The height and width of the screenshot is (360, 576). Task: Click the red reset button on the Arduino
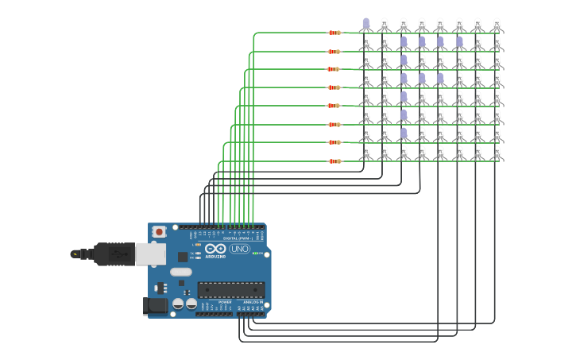coord(159,232)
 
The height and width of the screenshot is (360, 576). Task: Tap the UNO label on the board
coord(239,249)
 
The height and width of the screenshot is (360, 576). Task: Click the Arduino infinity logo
coord(215,249)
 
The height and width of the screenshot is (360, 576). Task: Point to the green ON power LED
coord(256,254)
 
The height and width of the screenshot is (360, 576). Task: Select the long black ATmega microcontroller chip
coord(230,290)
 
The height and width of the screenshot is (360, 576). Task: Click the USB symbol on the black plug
coord(119,254)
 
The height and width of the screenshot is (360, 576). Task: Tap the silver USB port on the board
coord(150,254)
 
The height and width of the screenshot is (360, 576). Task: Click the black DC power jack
coord(156,305)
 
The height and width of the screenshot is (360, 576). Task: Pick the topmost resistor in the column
coord(334,33)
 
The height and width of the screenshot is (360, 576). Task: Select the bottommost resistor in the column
coord(334,161)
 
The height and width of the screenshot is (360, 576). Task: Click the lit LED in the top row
coord(365,24)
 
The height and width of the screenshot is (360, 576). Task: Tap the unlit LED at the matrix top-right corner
coord(497,24)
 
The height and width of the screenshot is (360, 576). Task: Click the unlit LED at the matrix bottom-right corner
coord(497,153)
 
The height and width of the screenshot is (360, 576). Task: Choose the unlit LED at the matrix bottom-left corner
coord(365,153)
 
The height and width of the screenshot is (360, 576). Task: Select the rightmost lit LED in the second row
coord(458,42)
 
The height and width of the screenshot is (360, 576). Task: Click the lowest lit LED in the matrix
coord(403,134)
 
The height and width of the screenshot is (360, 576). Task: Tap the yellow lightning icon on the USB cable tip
coord(75,254)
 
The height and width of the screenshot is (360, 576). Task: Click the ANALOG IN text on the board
coord(253,303)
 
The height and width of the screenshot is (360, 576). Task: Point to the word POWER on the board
coord(225,303)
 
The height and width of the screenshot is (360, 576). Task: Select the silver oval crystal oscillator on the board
coord(180,272)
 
